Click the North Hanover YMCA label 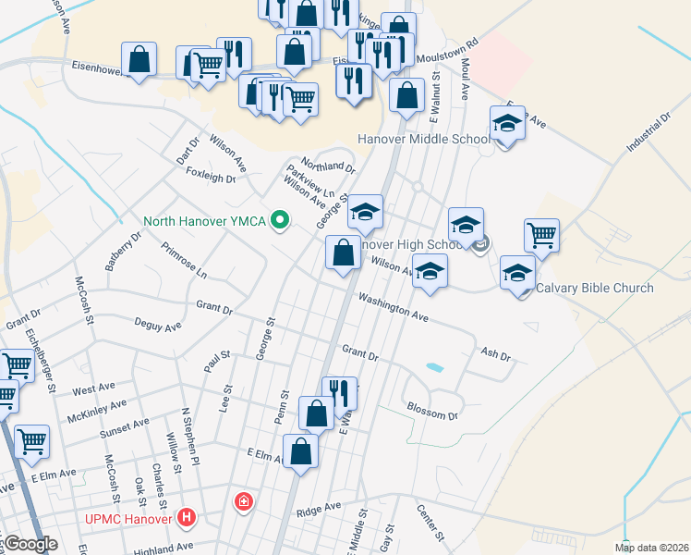[204, 221]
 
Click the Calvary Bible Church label [594, 288]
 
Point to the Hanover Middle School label [423, 140]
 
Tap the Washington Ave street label [394, 308]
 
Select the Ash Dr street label [496, 354]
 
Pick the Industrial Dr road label [647, 135]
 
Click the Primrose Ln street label [184, 261]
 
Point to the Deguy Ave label [158, 327]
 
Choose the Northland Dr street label [328, 164]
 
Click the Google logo [30, 545]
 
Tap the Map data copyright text [651, 548]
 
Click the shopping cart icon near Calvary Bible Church [541, 234]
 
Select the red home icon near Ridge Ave [243, 502]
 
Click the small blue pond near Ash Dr [433, 368]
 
